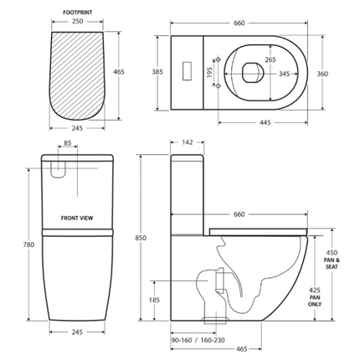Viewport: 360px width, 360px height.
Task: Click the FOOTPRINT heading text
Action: coord(77,12)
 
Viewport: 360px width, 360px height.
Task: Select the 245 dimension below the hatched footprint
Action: coord(77,128)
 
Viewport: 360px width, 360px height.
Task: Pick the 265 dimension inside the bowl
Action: coord(246,59)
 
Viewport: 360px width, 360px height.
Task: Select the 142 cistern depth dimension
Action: coord(188,143)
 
